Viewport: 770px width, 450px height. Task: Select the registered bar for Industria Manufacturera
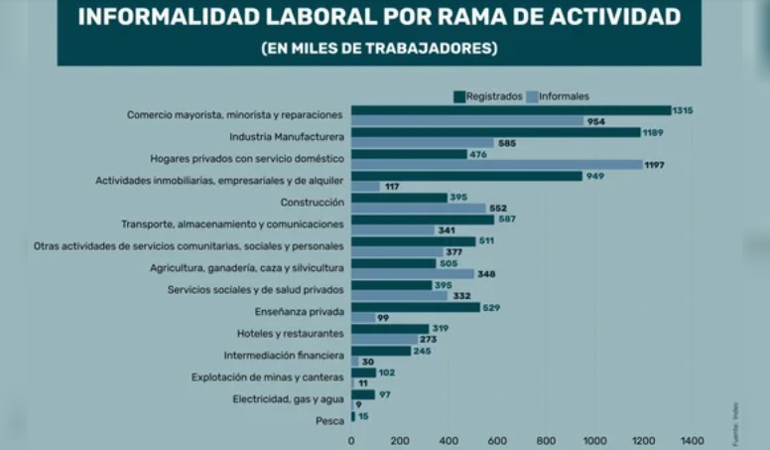[x=496, y=132]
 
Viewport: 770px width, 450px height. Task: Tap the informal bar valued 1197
[x=496, y=165]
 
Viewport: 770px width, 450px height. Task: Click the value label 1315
[x=683, y=109]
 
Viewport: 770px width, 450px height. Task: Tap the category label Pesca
[x=330, y=421]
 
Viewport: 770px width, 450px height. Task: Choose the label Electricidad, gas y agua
[x=289, y=399]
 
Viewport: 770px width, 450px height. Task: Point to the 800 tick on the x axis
[x=546, y=440]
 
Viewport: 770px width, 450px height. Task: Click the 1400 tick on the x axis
[x=692, y=440]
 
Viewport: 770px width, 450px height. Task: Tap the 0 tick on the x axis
[x=351, y=440]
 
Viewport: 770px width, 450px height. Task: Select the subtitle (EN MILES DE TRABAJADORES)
[x=379, y=48]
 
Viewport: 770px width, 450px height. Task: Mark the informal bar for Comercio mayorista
[x=466, y=121]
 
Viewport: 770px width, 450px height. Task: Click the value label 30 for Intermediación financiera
[x=368, y=363]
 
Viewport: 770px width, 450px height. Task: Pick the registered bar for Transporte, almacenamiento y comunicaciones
[x=423, y=220]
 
